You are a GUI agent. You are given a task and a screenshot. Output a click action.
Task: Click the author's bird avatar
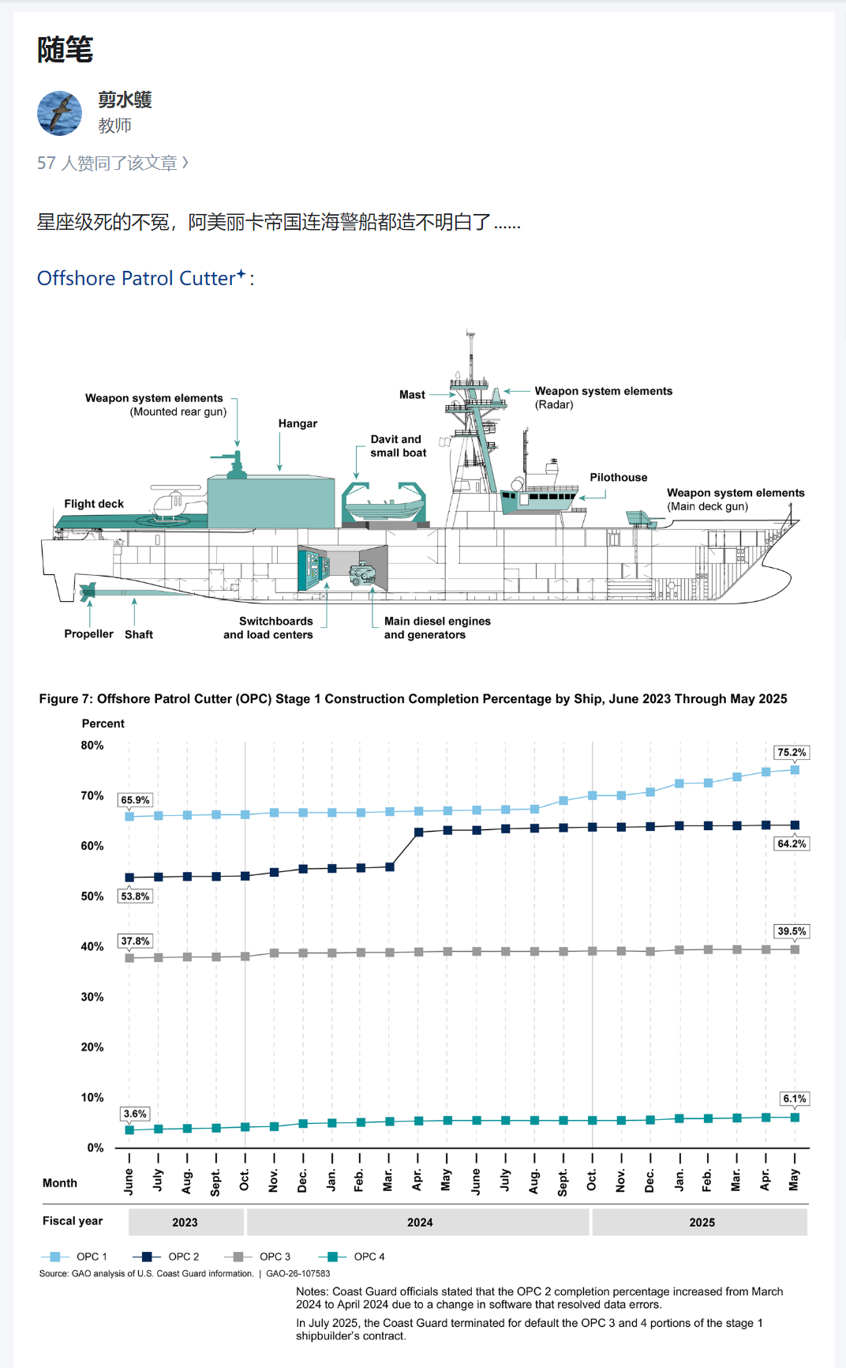59,113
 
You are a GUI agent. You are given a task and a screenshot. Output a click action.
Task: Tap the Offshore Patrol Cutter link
137,279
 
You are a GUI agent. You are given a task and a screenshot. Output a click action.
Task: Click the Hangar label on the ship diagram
298,424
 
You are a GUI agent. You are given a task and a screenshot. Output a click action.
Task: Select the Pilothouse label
618,478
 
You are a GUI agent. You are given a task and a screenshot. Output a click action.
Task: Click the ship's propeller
87,591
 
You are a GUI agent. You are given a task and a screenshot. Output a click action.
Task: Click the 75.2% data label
792,753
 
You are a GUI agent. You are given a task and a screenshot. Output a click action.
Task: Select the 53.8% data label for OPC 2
135,896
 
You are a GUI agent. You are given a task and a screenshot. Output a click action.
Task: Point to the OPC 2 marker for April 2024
418,832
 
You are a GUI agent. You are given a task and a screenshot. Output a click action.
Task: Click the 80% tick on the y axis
92,746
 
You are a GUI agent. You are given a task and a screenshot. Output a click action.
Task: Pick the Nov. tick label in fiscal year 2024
274,1181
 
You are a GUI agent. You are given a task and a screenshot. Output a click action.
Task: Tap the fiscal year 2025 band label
702,1223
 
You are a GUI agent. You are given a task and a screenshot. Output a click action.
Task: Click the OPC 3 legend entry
260,1257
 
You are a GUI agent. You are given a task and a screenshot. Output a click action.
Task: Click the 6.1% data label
794,1099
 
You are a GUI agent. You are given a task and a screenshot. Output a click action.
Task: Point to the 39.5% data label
792,931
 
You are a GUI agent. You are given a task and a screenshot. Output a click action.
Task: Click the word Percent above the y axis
103,723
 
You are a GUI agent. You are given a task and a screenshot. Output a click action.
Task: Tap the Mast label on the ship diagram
412,395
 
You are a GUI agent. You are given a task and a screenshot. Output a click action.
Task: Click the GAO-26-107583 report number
298,1273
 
